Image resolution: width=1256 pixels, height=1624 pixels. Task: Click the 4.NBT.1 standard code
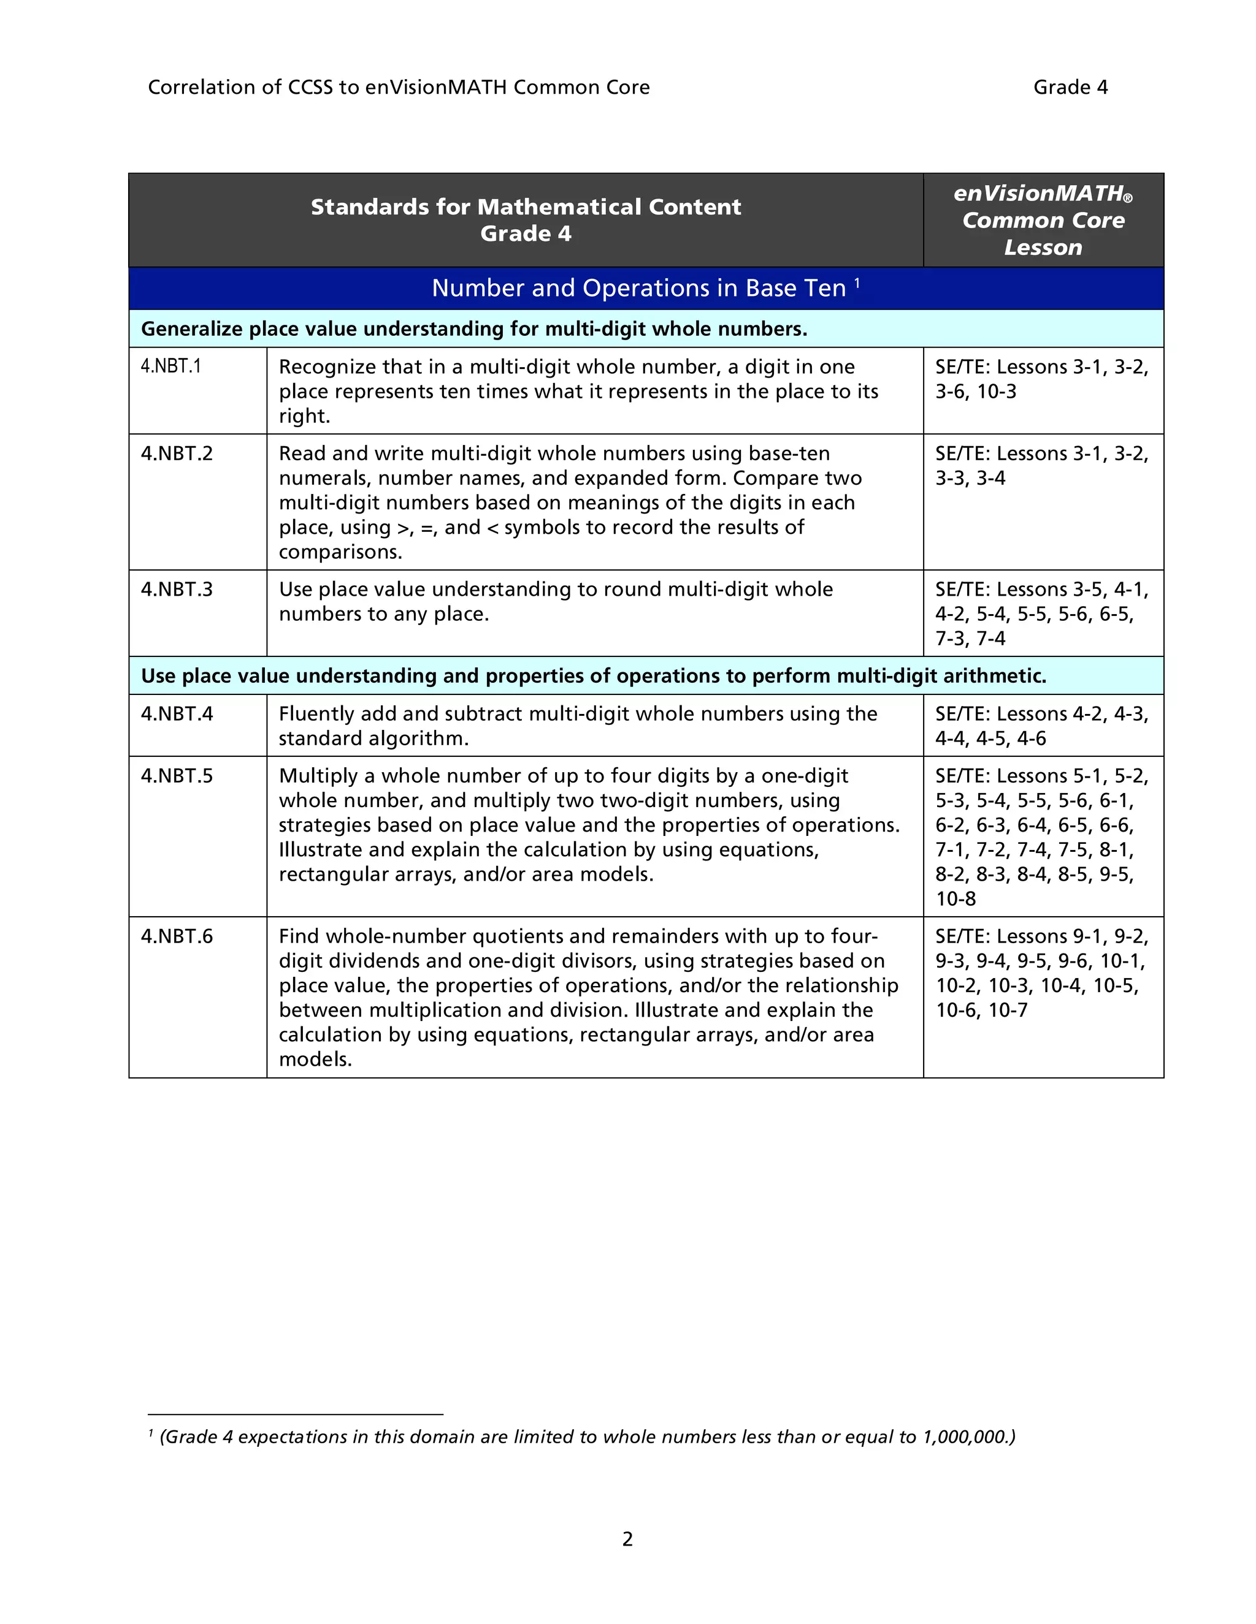coord(171,366)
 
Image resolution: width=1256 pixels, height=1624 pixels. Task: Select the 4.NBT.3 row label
coord(177,589)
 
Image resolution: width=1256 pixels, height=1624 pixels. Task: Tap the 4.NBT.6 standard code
coord(177,936)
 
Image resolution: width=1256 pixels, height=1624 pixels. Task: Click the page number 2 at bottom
coord(627,1538)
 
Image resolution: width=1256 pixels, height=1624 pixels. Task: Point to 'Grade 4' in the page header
coord(1070,87)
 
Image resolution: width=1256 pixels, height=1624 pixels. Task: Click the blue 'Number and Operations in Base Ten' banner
coord(638,289)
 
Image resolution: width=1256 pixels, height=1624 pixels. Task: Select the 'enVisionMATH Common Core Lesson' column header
coord(1043,220)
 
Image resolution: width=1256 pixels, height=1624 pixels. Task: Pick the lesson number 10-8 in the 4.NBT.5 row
coord(955,899)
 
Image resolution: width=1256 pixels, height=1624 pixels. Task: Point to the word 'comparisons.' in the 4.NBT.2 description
coord(340,552)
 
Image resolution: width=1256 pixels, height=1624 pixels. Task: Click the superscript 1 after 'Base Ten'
coord(857,283)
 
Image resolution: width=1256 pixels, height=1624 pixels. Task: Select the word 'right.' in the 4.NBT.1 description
coord(304,415)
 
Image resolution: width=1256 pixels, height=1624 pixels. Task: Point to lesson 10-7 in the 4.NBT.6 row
coord(1008,1010)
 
